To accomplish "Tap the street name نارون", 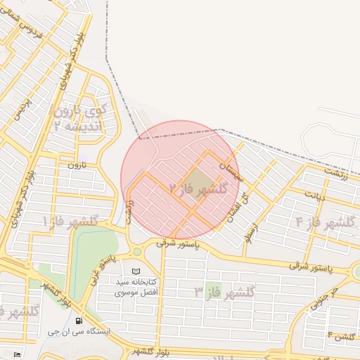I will coord(75,166).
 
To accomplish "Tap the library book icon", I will coord(136,271).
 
